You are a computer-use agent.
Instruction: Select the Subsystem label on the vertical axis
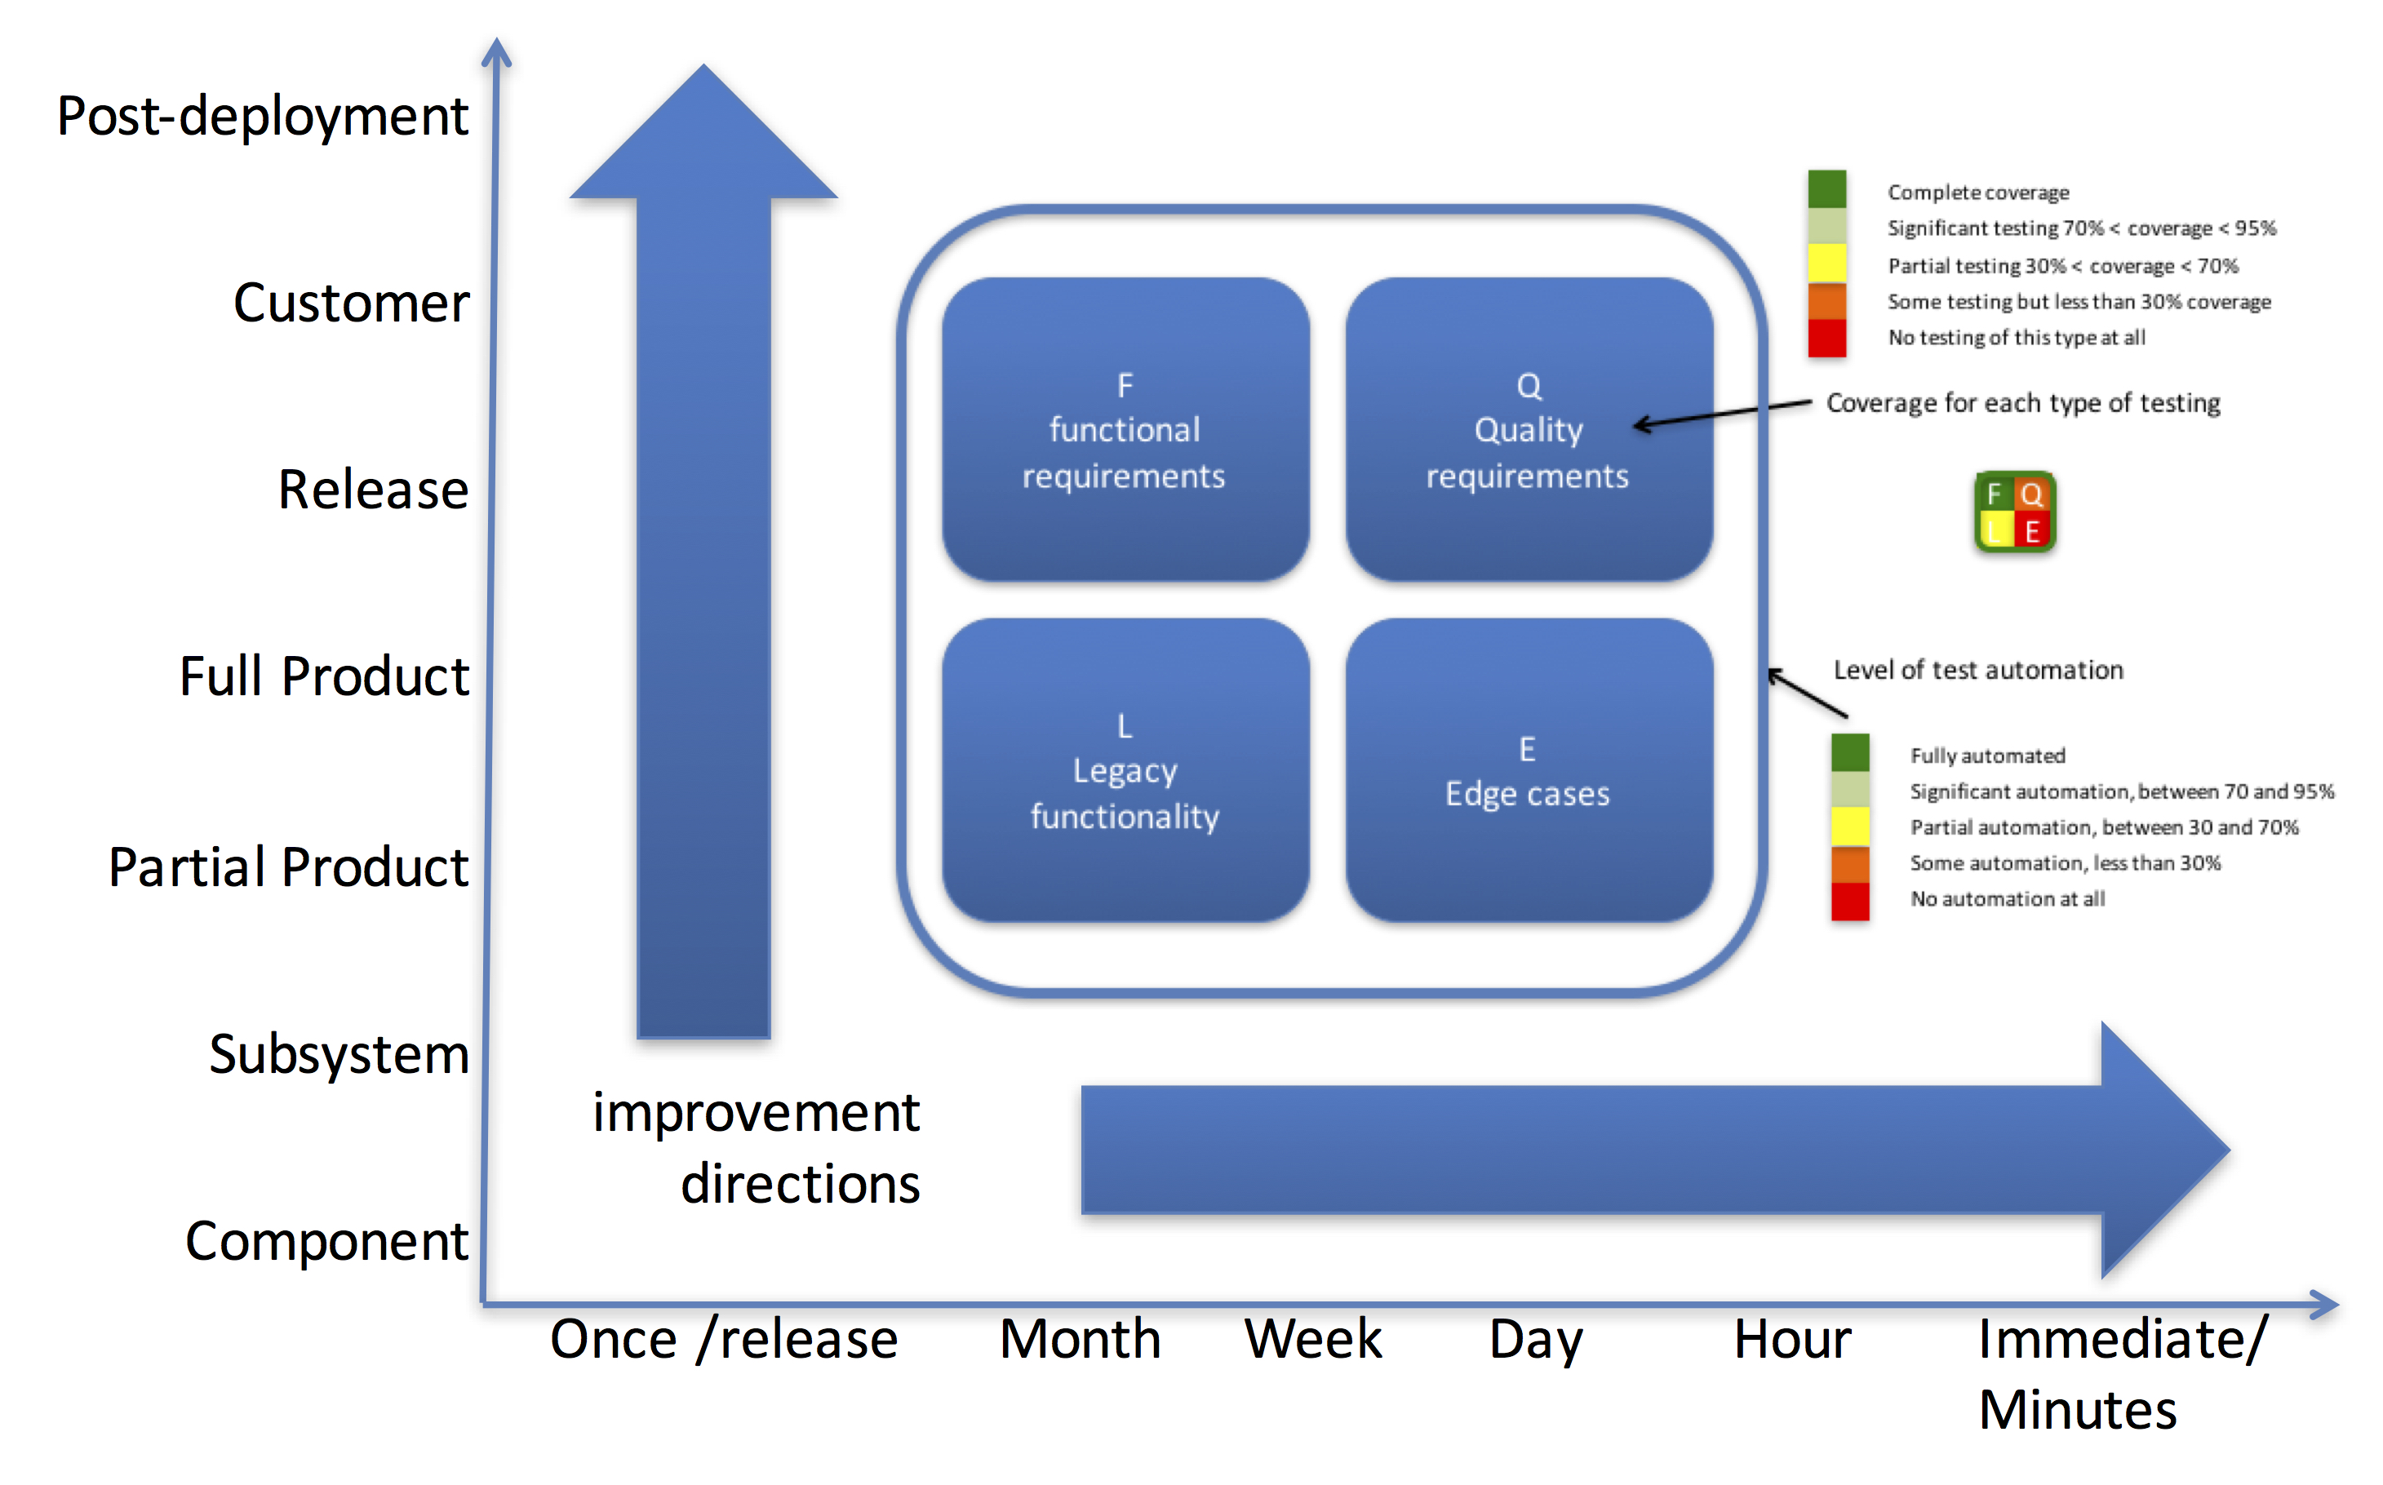(x=339, y=1054)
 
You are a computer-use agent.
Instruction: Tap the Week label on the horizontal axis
(x=1313, y=1339)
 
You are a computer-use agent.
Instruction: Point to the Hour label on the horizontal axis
(x=1793, y=1339)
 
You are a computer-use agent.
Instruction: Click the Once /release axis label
(x=724, y=1339)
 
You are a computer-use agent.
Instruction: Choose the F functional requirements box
(x=1125, y=429)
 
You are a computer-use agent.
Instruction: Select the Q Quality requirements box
(x=1529, y=429)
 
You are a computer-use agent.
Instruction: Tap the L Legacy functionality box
(x=1125, y=770)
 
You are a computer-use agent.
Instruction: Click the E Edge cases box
(x=1529, y=770)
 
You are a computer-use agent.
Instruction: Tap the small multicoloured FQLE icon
(x=2015, y=512)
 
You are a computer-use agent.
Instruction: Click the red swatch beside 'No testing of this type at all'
(x=1827, y=338)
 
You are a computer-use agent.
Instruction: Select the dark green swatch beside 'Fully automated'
(x=1849, y=753)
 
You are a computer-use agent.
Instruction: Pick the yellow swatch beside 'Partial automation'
(x=1849, y=826)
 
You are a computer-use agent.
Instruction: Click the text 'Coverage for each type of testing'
(x=2023, y=404)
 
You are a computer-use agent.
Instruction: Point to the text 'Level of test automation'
(x=1978, y=670)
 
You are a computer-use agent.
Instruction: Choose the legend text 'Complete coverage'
(x=1978, y=193)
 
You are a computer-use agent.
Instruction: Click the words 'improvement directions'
(x=757, y=1148)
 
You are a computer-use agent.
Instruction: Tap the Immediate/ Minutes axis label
(x=2123, y=1374)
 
